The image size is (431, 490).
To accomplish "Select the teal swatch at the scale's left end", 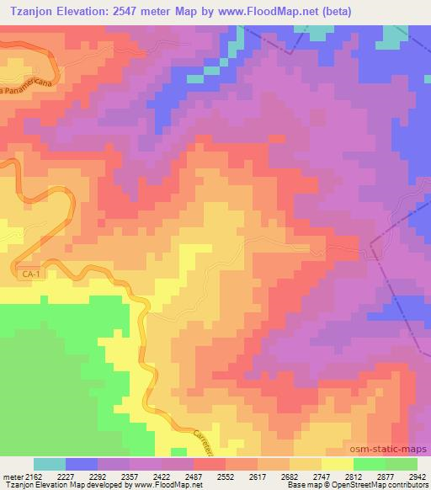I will [49, 464].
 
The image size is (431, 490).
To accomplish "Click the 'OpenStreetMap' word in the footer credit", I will [355, 485].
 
